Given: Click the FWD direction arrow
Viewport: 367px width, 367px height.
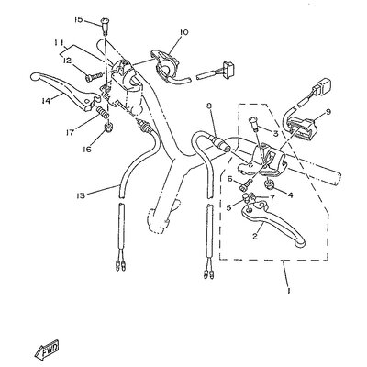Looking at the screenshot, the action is point(47,350).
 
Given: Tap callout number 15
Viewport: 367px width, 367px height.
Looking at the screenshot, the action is point(78,20).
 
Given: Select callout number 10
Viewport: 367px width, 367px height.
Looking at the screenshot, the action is point(184,32).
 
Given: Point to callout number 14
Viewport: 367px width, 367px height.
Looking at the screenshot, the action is point(46,100).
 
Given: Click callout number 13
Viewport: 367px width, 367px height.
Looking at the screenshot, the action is point(81,195).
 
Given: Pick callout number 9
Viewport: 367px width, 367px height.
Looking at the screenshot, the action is point(328,112).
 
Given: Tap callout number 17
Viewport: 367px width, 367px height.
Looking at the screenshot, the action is point(70,133).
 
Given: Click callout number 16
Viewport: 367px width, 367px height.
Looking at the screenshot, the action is point(87,150).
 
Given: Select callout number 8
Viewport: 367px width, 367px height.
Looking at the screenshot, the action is point(209,106).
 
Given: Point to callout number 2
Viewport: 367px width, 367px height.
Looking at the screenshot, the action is point(255,236).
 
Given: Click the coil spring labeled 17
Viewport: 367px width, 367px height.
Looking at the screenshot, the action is point(103,112).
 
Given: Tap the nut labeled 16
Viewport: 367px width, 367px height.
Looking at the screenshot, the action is point(107,127).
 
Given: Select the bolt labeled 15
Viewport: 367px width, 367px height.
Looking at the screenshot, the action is point(106,25).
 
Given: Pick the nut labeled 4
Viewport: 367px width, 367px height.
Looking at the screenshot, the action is point(269,183).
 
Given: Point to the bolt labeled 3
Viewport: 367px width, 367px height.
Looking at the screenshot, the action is point(255,125).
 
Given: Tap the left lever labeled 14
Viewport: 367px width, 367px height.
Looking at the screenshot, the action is point(65,91).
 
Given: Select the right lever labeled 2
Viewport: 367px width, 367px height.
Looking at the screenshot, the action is point(273,225).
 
